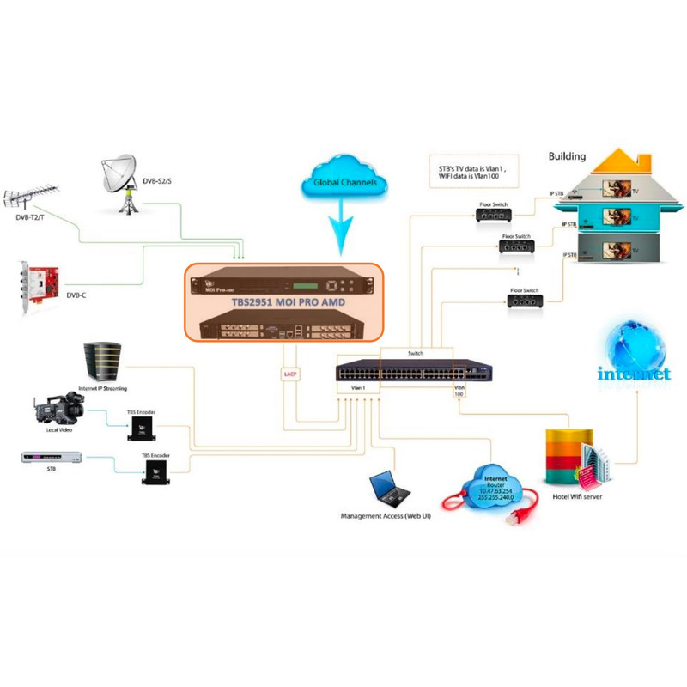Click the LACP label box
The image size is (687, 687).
coord(289,373)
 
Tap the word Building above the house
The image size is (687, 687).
coord(567,156)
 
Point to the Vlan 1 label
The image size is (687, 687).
coord(347,388)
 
